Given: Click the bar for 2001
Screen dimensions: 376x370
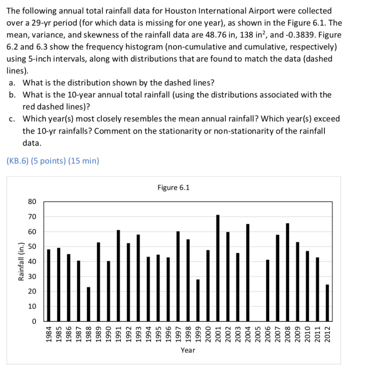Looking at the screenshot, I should (x=218, y=268).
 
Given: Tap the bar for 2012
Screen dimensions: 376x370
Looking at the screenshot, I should (x=327, y=303).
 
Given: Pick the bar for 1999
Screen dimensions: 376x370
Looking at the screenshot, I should (x=198, y=300).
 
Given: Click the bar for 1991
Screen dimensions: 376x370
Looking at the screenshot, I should (x=118, y=275).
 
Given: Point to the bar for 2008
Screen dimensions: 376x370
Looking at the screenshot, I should (x=287, y=272).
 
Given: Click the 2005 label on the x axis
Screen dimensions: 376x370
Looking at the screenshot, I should (x=258, y=334).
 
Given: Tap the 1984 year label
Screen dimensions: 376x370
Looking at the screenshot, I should (x=49, y=334).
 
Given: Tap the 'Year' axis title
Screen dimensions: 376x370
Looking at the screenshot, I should (x=188, y=350).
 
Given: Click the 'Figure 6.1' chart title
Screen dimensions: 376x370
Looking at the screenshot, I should (x=173, y=188).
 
